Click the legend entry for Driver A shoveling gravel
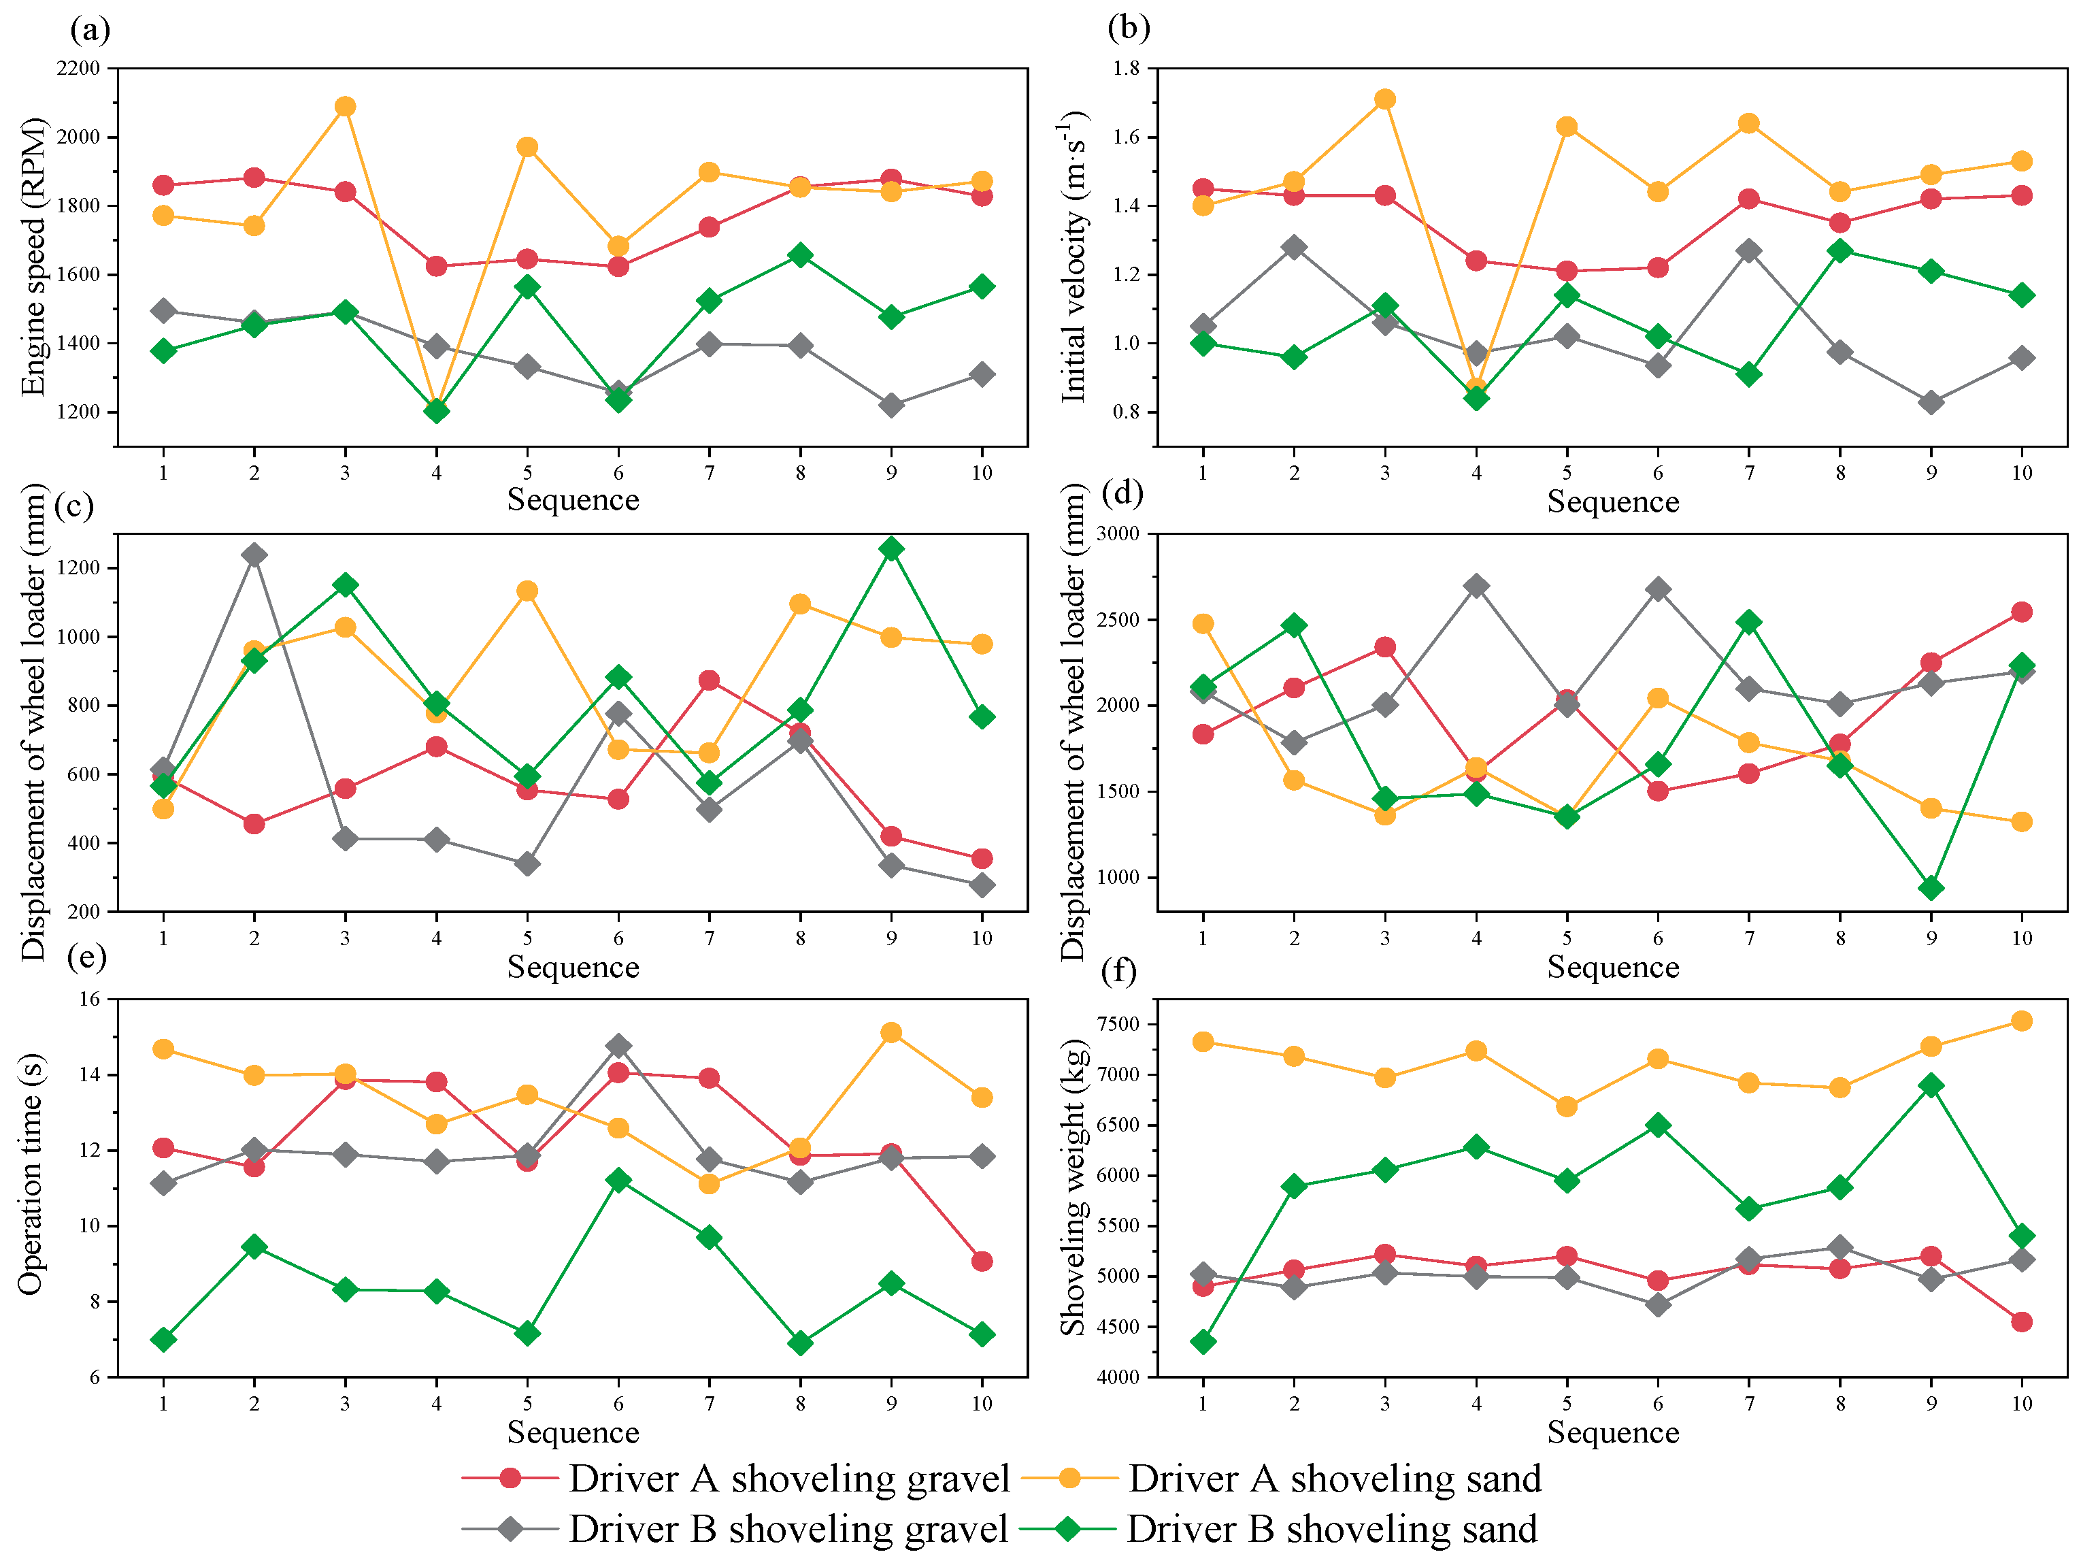(788, 1479)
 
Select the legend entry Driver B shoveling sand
(1331, 1529)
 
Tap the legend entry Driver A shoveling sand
(1334, 1479)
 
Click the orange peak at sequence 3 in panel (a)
(346, 106)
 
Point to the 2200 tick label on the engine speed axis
(78, 69)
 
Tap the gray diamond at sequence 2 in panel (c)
(254, 555)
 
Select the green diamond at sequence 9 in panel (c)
(891, 548)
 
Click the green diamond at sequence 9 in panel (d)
(1931, 887)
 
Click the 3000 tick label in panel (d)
(1118, 533)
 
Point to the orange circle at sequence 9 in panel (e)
(891, 1032)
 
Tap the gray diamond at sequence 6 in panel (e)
(618, 1046)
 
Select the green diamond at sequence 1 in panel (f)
(1202, 1342)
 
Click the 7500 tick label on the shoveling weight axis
(1118, 1024)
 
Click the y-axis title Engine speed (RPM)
(33, 257)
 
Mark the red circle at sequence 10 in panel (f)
(2022, 1322)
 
